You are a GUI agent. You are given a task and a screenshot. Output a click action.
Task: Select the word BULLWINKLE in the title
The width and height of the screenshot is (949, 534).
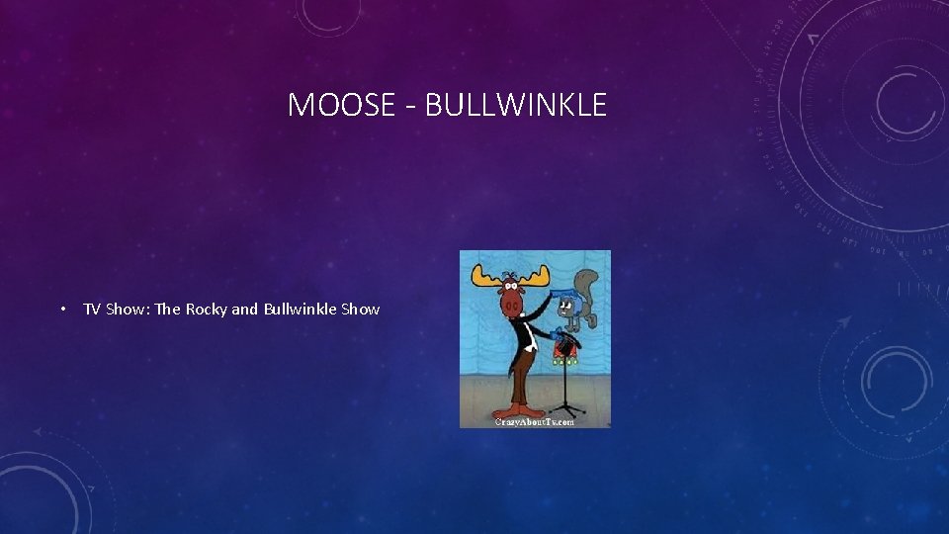tap(515, 105)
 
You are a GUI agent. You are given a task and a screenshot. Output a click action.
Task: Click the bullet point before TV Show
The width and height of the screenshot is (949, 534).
tap(63, 310)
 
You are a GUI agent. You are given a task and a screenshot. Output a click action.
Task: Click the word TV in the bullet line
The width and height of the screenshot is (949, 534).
tap(92, 310)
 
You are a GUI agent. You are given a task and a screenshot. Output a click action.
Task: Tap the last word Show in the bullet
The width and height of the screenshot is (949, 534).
tap(361, 310)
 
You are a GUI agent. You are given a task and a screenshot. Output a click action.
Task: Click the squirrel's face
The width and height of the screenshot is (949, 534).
tap(570, 307)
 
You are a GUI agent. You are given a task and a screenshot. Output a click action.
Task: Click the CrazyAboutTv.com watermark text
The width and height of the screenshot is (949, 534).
tap(535, 421)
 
